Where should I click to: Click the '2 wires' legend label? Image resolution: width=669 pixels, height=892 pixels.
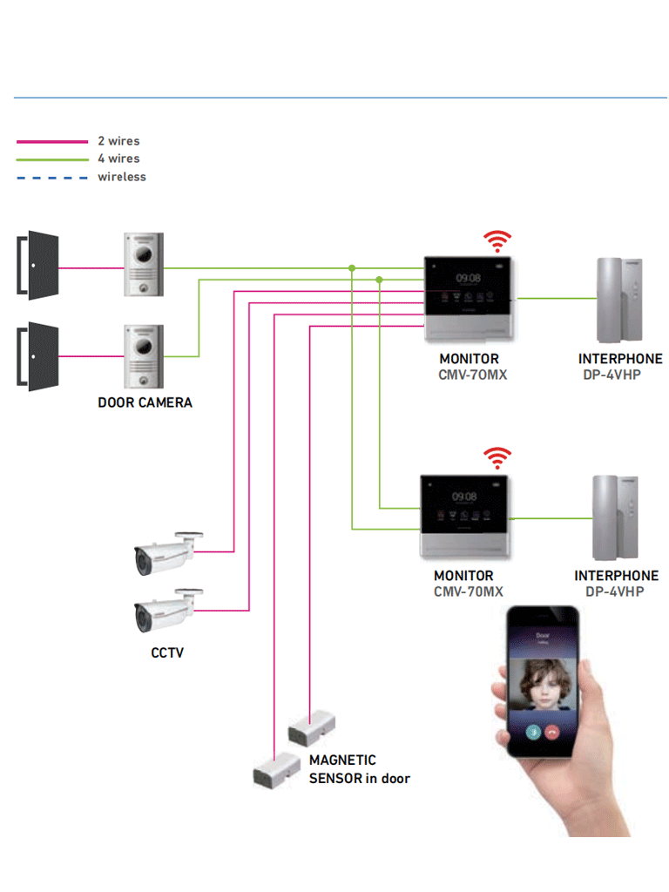point(118,141)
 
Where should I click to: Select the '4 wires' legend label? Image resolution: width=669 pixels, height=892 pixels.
point(118,159)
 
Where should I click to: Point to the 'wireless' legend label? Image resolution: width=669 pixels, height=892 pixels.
point(122,177)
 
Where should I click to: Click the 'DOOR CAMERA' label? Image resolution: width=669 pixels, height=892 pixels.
point(145,403)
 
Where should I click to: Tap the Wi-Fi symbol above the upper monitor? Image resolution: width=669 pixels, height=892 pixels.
point(497,240)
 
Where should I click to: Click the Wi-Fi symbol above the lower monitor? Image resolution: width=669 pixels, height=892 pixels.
point(497,457)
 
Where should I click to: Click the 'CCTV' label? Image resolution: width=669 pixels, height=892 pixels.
point(167,652)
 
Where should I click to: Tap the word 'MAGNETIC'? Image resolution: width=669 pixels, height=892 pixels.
point(342,760)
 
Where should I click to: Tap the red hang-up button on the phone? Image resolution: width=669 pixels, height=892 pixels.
point(552,732)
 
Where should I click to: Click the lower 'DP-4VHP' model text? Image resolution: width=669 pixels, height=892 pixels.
point(614,592)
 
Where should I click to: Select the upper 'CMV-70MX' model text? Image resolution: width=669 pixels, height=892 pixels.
point(473,375)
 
